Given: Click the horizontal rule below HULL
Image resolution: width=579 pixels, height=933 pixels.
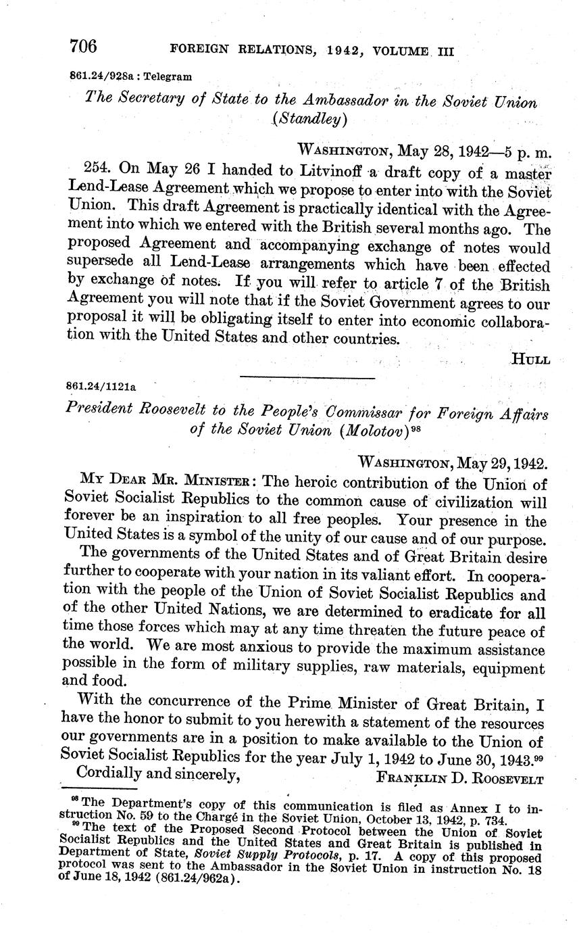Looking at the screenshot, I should click(307, 377).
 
